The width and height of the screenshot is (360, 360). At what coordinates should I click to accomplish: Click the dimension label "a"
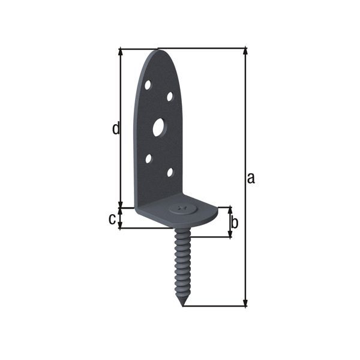251,178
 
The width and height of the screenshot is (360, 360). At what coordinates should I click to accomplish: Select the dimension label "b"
235,223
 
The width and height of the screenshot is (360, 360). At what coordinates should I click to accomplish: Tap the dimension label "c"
112,219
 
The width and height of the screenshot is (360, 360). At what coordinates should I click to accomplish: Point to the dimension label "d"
116,128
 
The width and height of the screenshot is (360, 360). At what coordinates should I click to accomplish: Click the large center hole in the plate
158,127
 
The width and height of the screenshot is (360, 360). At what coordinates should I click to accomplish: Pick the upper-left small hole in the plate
148,85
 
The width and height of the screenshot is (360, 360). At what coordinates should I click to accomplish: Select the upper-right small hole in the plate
170,96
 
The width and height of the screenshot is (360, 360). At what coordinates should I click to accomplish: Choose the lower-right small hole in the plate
170,172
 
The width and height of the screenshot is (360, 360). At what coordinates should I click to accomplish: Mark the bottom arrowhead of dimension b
229,233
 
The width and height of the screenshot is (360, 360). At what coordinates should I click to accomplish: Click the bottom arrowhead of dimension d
121,204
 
